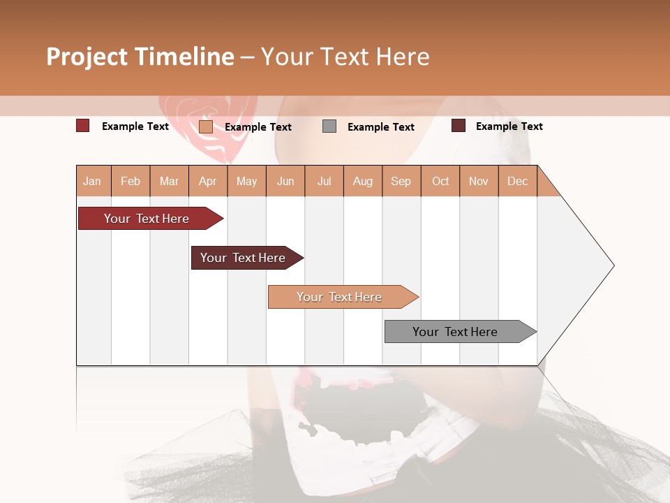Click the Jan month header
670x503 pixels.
click(x=93, y=181)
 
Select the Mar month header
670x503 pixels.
click(x=169, y=181)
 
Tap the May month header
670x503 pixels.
click(x=246, y=181)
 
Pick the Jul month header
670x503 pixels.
click(x=324, y=181)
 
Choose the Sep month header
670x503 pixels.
click(x=401, y=181)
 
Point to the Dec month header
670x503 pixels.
click(x=517, y=181)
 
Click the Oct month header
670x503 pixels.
click(x=440, y=181)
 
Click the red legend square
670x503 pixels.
click(x=82, y=126)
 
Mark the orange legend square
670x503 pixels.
click(x=206, y=126)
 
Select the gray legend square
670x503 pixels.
click(x=329, y=126)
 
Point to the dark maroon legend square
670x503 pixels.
click(x=459, y=126)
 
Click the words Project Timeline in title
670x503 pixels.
click(x=140, y=57)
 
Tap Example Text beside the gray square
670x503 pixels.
click(x=380, y=126)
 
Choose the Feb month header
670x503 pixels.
click(x=131, y=181)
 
